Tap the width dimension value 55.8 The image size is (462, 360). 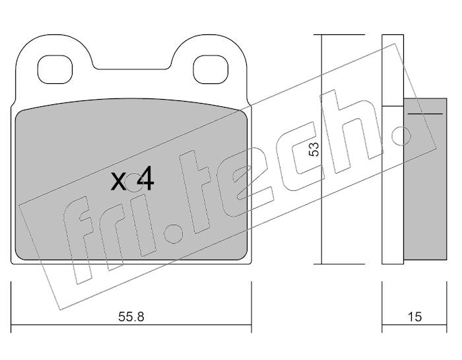[x=131, y=317]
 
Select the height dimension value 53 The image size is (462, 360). [x=314, y=149]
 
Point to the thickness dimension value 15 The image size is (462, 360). [x=414, y=317]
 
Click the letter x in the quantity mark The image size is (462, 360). [x=118, y=182]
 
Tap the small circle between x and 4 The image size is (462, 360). [x=133, y=182]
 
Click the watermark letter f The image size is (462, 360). [x=79, y=240]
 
